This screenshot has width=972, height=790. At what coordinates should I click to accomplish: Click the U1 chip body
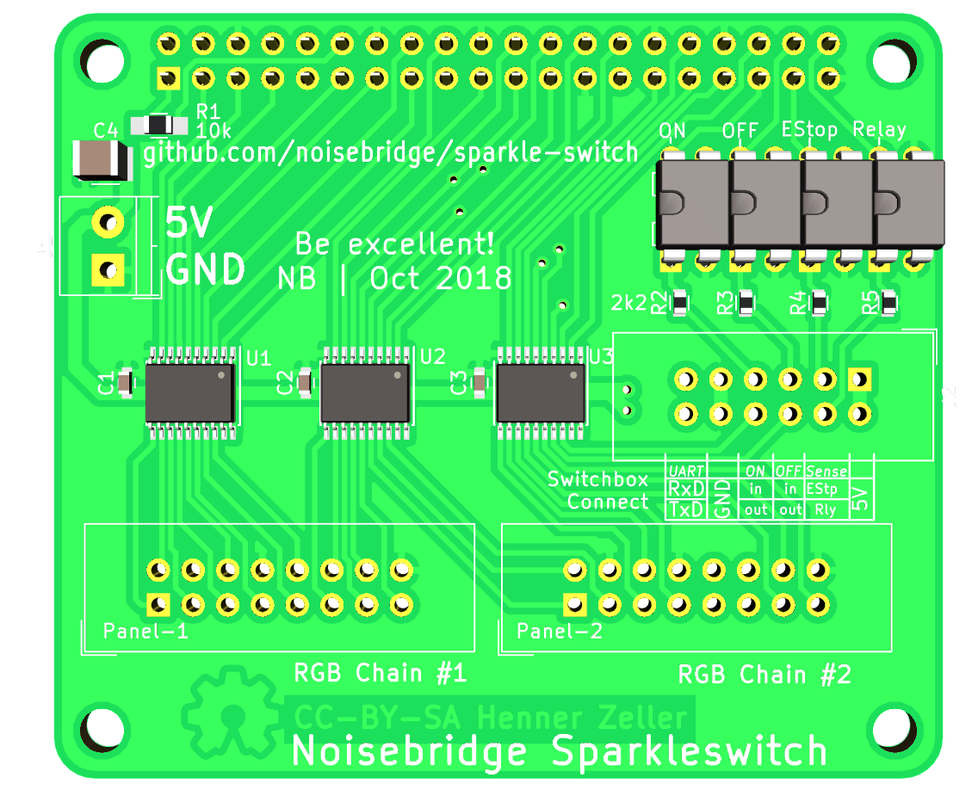190,392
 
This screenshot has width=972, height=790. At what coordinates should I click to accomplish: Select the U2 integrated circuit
365,392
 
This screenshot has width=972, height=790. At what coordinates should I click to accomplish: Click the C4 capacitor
101,160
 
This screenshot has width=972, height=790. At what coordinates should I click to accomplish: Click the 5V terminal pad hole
108,223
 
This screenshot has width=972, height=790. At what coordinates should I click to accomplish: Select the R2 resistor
680,303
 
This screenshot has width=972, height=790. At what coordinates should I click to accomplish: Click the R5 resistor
888,303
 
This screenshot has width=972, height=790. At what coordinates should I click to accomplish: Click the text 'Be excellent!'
394,244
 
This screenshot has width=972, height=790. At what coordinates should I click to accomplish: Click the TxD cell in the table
686,509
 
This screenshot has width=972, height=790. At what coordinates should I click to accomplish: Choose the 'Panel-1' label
145,632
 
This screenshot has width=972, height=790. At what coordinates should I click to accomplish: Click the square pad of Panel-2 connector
573,604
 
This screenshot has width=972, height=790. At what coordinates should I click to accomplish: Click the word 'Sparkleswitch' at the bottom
689,751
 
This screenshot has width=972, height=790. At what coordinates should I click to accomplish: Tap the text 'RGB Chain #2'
765,675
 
